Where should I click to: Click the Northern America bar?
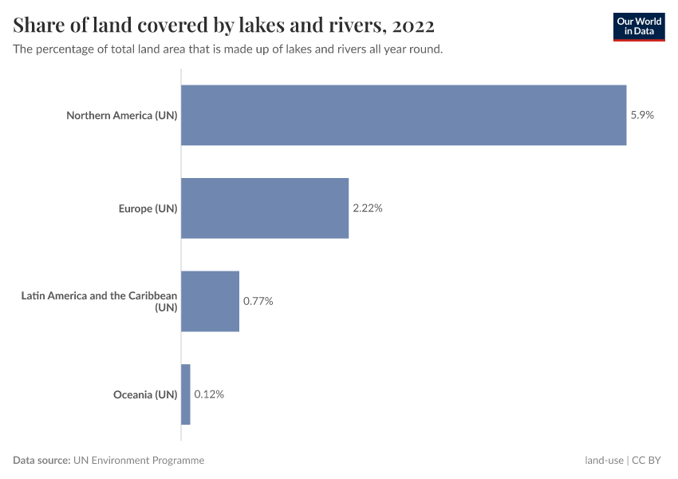(x=404, y=115)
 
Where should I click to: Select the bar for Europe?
(x=265, y=208)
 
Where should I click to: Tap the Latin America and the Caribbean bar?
(x=210, y=301)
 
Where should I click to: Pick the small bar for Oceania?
(x=186, y=394)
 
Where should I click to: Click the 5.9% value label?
(x=642, y=115)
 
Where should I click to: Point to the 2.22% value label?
(x=368, y=208)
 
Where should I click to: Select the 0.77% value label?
(x=258, y=302)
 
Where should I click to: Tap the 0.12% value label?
(x=209, y=394)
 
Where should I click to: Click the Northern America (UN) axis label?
(x=121, y=115)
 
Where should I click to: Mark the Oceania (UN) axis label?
(x=144, y=394)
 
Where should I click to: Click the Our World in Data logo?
(x=639, y=26)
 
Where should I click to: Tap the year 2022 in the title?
(x=413, y=26)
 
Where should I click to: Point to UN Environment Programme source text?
(x=139, y=460)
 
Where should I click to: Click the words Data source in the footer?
(x=41, y=460)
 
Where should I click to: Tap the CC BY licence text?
(x=648, y=460)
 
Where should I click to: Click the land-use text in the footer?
(x=604, y=460)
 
